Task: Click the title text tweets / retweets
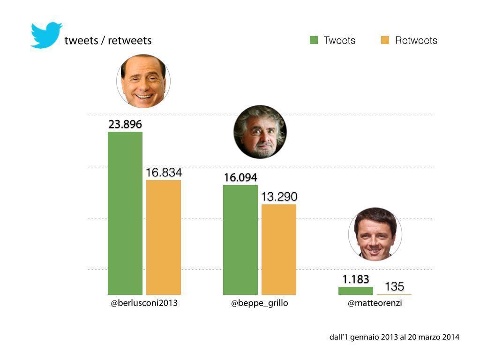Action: coord(108,40)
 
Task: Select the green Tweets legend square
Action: coord(314,40)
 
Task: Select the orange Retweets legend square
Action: coord(385,40)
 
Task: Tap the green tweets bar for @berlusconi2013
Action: coord(125,213)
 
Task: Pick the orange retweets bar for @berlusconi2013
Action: coord(164,237)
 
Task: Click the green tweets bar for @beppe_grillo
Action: coord(240,240)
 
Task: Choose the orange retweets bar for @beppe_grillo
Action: coord(279,249)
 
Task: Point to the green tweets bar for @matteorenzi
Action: coord(356,291)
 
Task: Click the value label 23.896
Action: coord(125,125)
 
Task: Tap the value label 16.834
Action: coord(164,173)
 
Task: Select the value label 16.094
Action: coord(240,178)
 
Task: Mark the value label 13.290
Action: coord(279,197)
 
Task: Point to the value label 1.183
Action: coord(356,280)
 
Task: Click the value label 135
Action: coord(394,286)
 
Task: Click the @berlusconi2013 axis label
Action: coord(144,303)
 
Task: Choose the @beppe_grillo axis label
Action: coord(260,303)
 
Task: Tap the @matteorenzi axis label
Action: coord(375,303)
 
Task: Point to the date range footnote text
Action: coord(394,337)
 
